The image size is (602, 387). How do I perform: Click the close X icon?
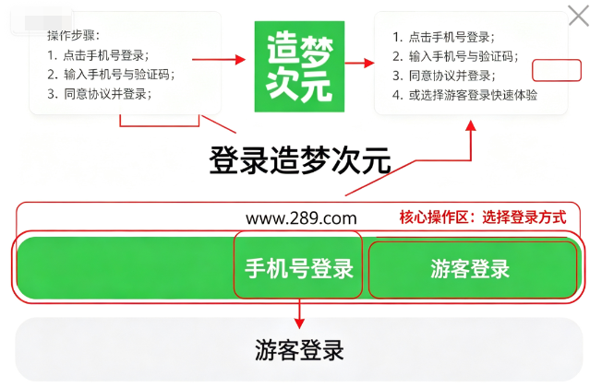point(579,16)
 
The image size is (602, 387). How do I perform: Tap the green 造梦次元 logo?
point(299,66)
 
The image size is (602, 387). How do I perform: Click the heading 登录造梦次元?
point(300,160)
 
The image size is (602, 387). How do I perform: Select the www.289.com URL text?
point(301,218)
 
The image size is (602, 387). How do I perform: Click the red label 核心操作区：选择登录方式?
point(483,217)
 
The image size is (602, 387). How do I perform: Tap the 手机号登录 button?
point(298,268)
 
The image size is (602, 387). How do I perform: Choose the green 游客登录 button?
point(473,269)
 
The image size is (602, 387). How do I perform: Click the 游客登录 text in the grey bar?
point(299,350)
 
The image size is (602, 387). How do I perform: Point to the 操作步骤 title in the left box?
point(73,36)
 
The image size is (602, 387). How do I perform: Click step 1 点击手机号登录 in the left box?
point(98,55)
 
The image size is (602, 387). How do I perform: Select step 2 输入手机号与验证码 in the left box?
point(111,75)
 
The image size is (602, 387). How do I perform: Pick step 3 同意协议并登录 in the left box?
point(100,94)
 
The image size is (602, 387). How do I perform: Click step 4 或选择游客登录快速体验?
point(465,95)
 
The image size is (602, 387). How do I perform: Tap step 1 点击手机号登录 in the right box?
point(443,37)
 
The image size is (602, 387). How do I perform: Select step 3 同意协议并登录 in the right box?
point(444,76)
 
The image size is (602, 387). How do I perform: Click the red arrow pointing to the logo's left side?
point(219,59)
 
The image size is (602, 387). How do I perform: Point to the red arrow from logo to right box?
point(360,63)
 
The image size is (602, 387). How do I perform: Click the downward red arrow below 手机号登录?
point(299,314)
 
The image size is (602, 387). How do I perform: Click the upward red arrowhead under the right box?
point(471,125)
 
